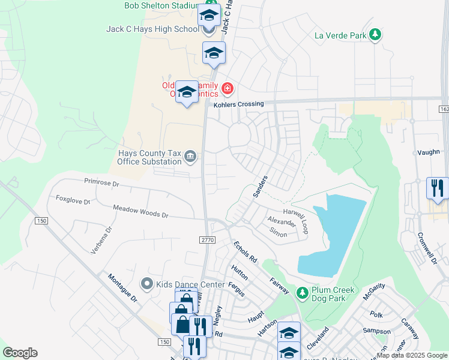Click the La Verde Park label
[x=340, y=35]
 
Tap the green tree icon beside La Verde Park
[x=376, y=35]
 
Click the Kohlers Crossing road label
[x=239, y=104]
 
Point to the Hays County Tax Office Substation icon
[x=190, y=157]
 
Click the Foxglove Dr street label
[x=73, y=199]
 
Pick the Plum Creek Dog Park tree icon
[x=303, y=292]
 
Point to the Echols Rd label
[x=246, y=251]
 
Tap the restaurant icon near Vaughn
[x=436, y=188]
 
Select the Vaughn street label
[x=427, y=153]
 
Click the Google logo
[x=20, y=353]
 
